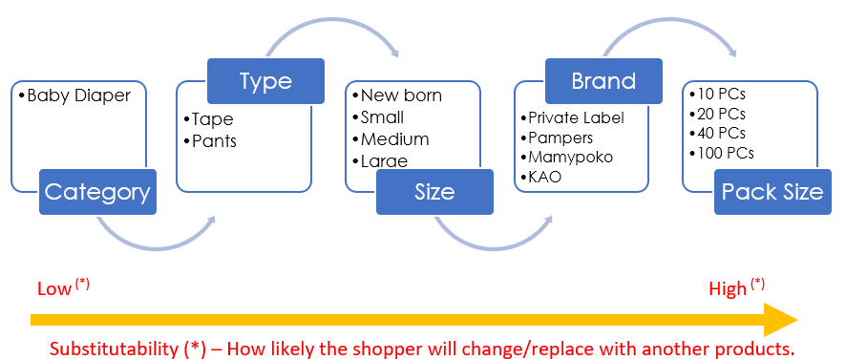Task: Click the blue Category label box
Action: [x=97, y=192]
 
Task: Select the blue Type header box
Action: [x=265, y=81]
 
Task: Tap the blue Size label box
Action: [x=434, y=192]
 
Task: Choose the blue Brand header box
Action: [x=603, y=81]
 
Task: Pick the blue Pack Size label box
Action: [x=772, y=192]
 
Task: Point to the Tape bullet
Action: [x=211, y=120]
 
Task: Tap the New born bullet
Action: [x=401, y=96]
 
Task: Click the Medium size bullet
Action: [x=394, y=139]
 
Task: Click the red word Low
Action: [x=53, y=288]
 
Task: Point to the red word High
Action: [x=728, y=288]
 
